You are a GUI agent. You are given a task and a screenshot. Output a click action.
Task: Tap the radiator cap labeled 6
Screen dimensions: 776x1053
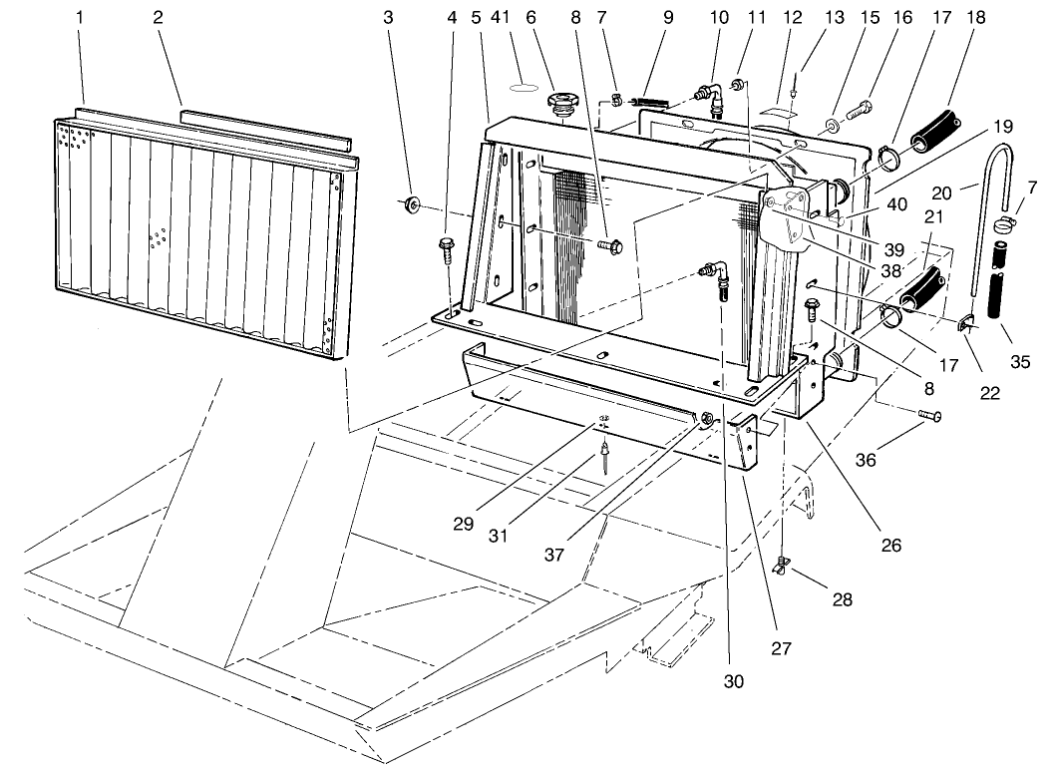click(x=561, y=105)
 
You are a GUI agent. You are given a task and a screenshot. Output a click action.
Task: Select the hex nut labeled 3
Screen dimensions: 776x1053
click(x=410, y=206)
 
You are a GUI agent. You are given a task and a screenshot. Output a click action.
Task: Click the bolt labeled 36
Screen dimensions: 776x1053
click(x=927, y=415)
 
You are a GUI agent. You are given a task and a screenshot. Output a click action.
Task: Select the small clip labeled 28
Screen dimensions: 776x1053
click(x=782, y=568)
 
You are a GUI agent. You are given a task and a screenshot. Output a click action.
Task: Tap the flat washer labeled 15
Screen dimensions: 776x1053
click(x=830, y=130)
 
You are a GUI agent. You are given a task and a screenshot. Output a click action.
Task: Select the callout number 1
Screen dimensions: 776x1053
click(x=81, y=18)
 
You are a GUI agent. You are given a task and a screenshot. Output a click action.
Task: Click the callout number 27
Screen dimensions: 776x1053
click(x=781, y=648)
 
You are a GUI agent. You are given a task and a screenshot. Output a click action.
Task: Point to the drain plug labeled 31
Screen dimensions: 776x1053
click(x=604, y=462)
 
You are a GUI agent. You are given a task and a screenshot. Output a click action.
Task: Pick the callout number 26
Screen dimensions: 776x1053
click(x=890, y=546)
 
